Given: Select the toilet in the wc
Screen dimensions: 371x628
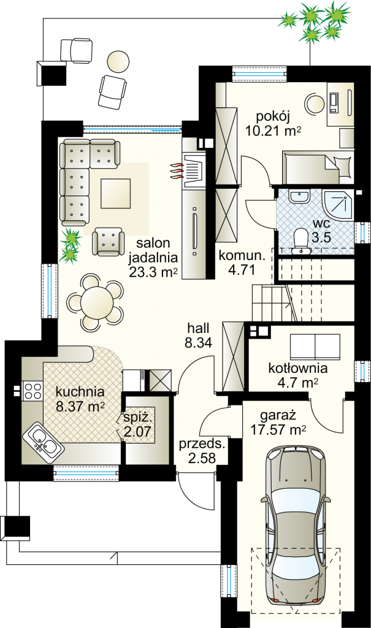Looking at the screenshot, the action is pos(300,241).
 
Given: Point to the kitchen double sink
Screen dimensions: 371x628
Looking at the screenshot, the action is pos(42,440).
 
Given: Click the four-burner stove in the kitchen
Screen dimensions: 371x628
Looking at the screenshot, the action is pos(33,391).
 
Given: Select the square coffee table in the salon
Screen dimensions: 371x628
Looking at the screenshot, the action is pos(116,193).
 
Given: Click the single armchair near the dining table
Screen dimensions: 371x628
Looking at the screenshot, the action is pos(107,242).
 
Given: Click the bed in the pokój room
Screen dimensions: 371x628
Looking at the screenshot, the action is pos(318,167).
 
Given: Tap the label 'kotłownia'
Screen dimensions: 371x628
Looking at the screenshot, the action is pos(297,368).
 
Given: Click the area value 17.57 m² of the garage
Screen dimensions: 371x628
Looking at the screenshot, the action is pos(278,431).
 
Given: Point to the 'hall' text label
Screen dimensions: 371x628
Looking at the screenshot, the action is pos(198,329).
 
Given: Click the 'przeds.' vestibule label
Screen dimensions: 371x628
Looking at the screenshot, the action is pos(202,444).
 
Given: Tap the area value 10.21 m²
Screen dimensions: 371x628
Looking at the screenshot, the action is pos(273,131).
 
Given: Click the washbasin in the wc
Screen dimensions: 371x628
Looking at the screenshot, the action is pos(299,196).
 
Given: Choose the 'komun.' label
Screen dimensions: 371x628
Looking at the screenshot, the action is pos(242,256).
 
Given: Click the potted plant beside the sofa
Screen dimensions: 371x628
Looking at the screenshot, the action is pos(70,245).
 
